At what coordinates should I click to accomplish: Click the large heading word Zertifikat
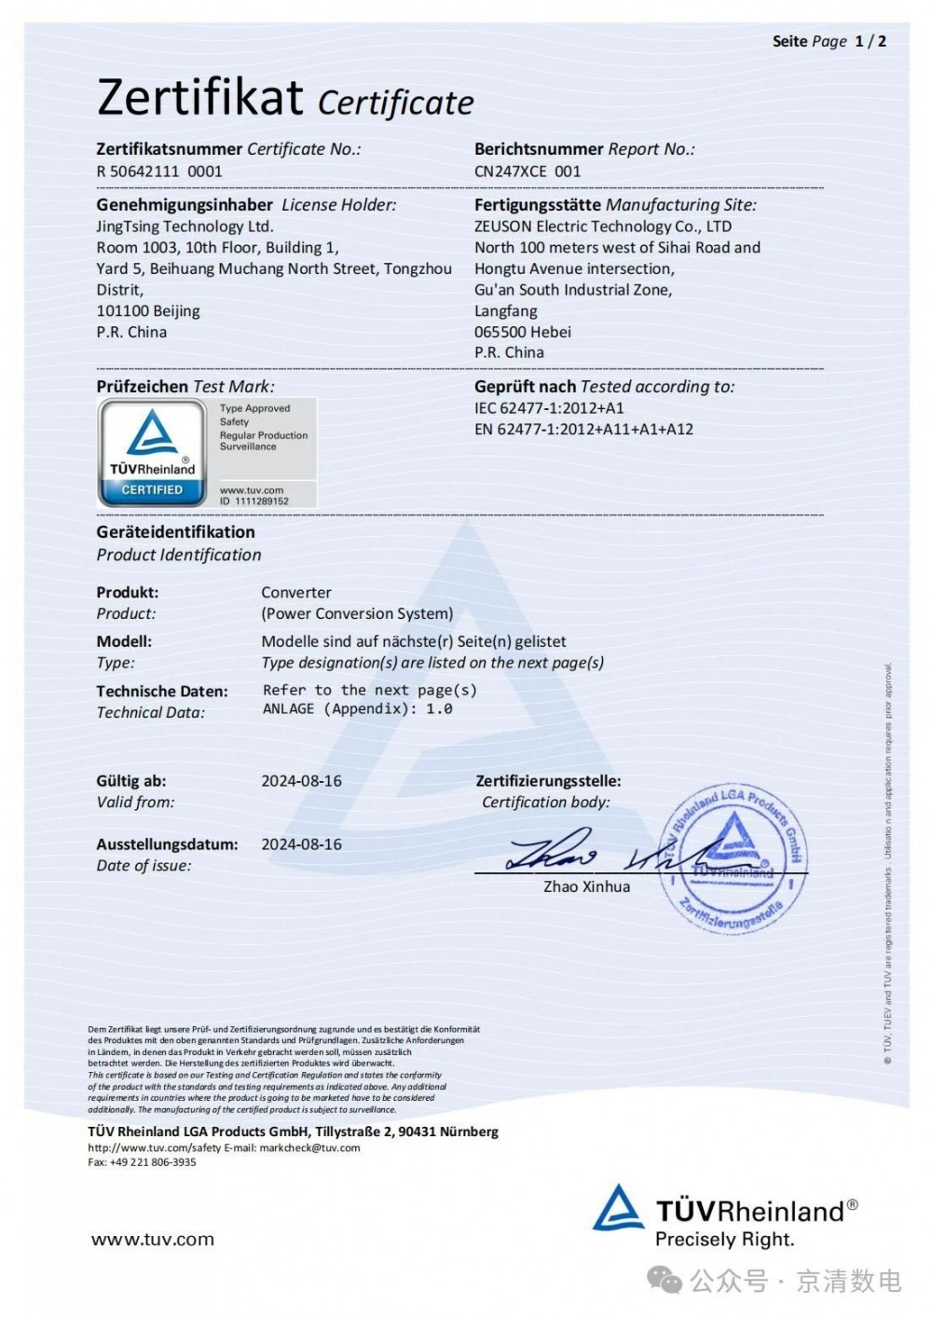[x=199, y=97]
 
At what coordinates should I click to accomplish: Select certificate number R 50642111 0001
[x=159, y=172]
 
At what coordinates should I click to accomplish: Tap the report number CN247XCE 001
[x=528, y=172]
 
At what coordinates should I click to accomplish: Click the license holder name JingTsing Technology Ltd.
[x=185, y=227]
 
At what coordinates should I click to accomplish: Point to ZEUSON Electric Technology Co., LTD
[x=603, y=227]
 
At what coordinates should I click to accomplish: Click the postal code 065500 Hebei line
[x=523, y=332]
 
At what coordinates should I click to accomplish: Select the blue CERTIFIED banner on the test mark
[x=152, y=489]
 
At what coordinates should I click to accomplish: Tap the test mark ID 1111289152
[x=254, y=501]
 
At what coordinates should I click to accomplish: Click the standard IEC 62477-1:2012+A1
[x=549, y=408]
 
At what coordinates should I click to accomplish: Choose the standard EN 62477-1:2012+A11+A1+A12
[x=583, y=430]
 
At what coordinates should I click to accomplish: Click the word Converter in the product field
[x=296, y=593]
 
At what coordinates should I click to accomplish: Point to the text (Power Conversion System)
[x=357, y=613]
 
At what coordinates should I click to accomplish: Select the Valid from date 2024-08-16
[x=301, y=781]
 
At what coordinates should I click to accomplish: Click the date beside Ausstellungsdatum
[x=301, y=844]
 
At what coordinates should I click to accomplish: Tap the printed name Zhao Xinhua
[x=586, y=886]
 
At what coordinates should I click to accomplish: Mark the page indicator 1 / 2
[x=870, y=41]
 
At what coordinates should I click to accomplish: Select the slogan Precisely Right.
[x=724, y=1240]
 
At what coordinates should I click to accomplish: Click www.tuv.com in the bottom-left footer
[x=153, y=1240]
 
